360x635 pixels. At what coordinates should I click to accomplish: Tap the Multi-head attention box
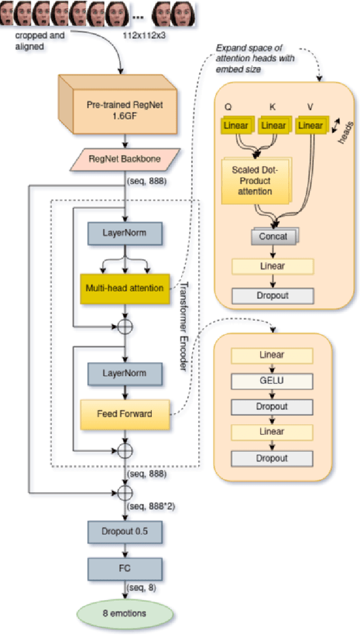click(124, 288)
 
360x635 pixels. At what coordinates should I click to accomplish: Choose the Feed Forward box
click(124, 414)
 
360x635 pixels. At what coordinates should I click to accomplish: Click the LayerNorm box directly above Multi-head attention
click(124, 232)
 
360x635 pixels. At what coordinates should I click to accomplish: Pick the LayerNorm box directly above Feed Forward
click(124, 373)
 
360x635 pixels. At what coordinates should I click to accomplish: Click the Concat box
click(273, 236)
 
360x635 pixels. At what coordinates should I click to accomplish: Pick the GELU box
click(272, 381)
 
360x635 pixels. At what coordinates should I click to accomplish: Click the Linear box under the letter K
click(273, 125)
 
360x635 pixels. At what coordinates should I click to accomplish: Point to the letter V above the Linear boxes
click(310, 107)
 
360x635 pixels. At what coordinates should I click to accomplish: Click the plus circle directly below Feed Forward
click(124, 449)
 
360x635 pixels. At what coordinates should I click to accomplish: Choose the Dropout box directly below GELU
click(272, 407)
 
